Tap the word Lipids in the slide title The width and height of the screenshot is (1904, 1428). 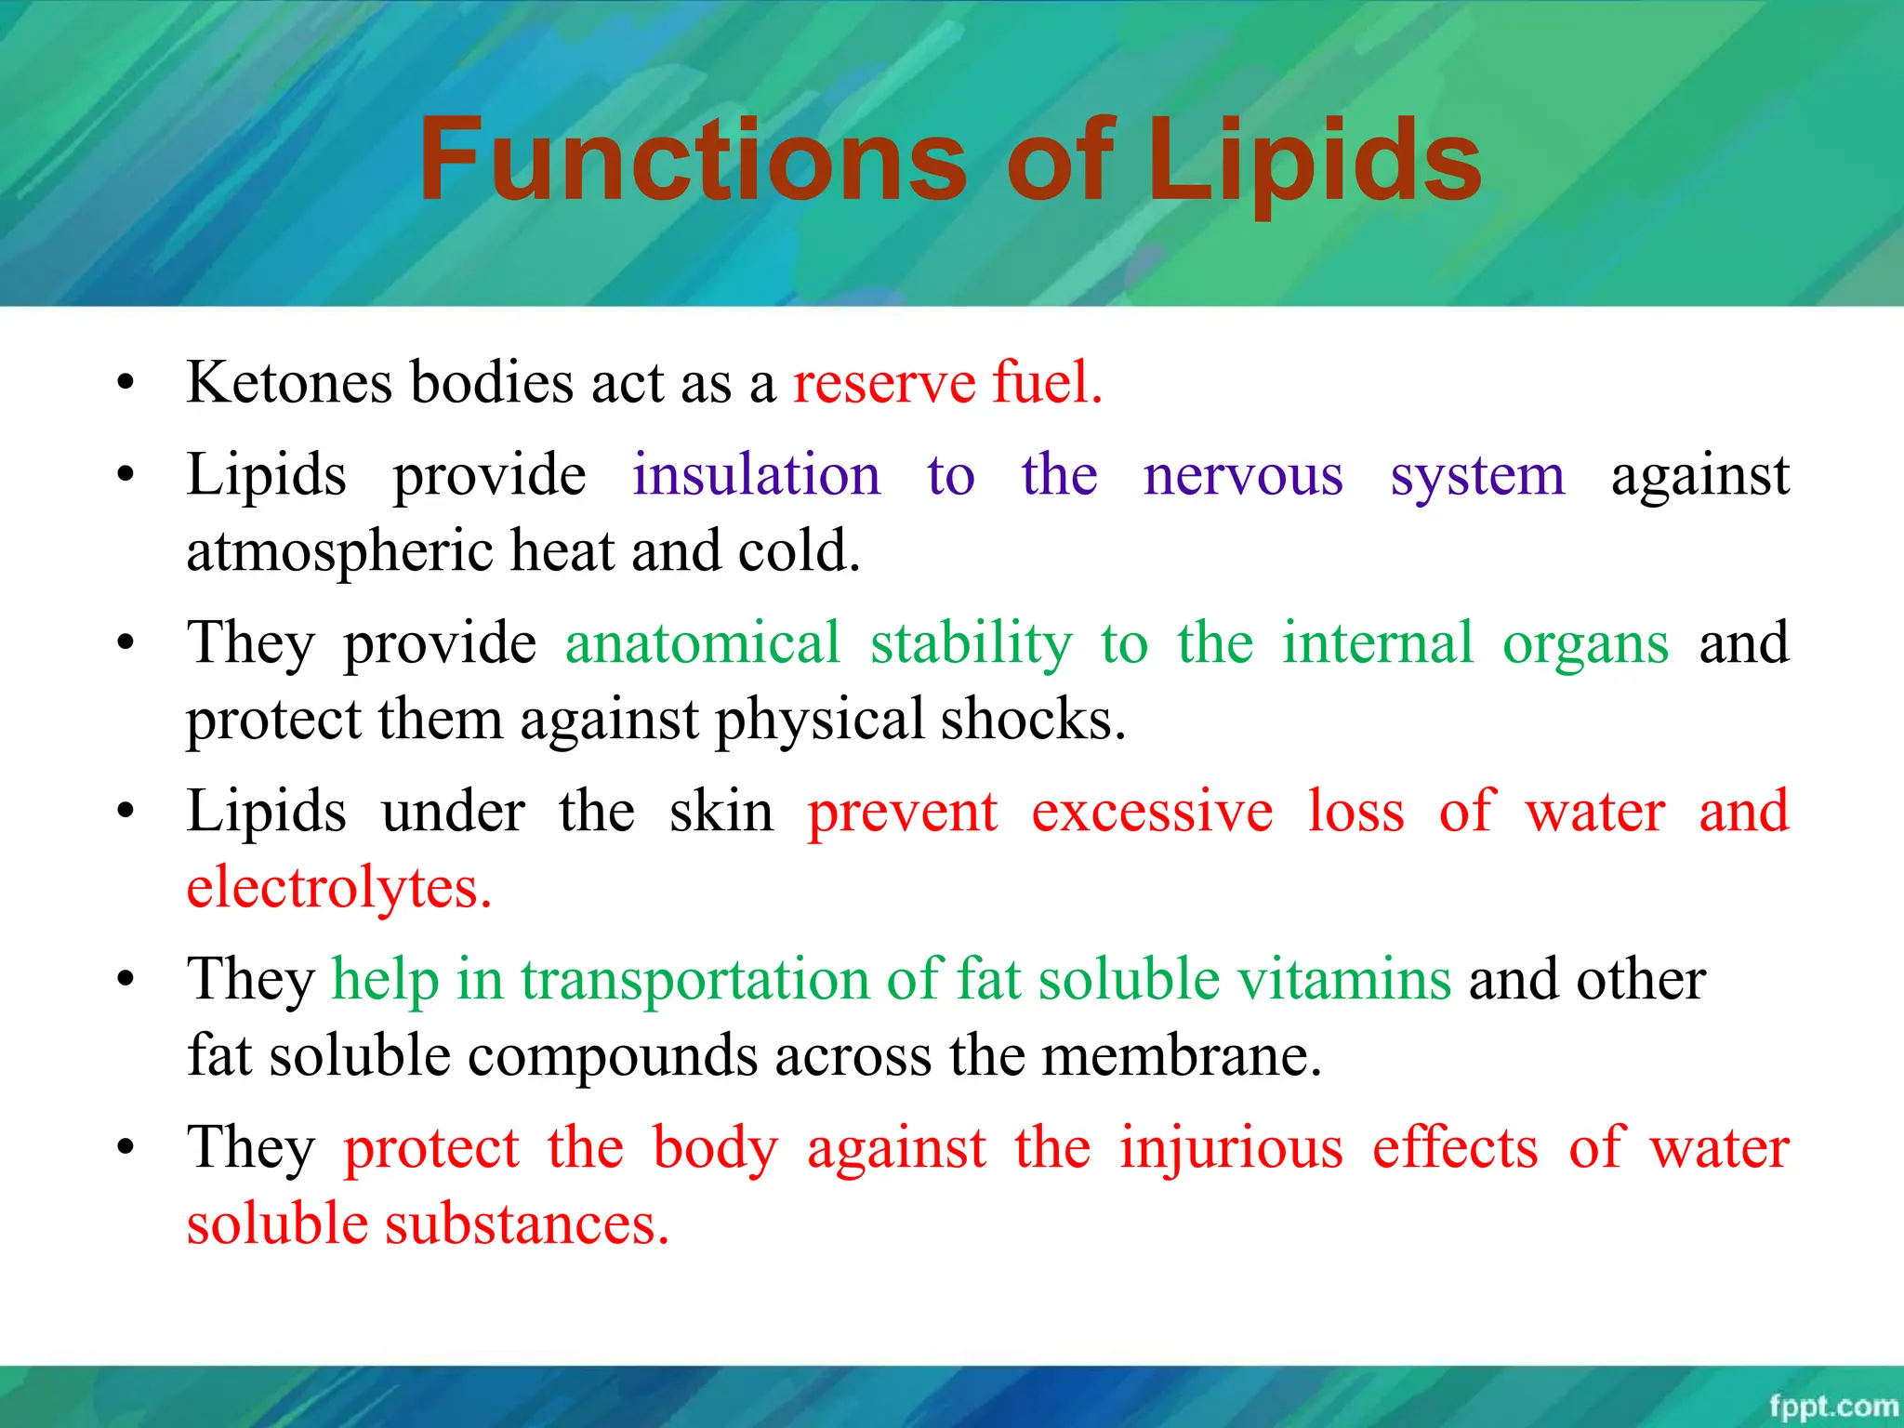[x=1315, y=160]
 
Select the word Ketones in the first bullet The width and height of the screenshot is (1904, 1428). [x=288, y=382]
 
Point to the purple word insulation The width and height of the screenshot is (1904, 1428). [x=756, y=475]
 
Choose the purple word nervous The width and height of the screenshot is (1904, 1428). [x=1243, y=475]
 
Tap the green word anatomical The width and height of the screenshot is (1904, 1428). [x=703, y=642]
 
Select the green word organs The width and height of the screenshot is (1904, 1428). [x=1585, y=642]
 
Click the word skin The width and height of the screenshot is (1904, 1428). [x=721, y=811]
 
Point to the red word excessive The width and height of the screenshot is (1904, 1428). [x=1152, y=811]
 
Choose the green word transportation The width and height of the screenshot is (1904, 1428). [x=694, y=979]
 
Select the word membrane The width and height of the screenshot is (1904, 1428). [x=1181, y=1056]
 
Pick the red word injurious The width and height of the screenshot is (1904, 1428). [x=1231, y=1147]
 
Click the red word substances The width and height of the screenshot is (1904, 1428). [x=527, y=1224]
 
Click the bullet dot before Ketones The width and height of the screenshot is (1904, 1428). [x=126, y=382]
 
